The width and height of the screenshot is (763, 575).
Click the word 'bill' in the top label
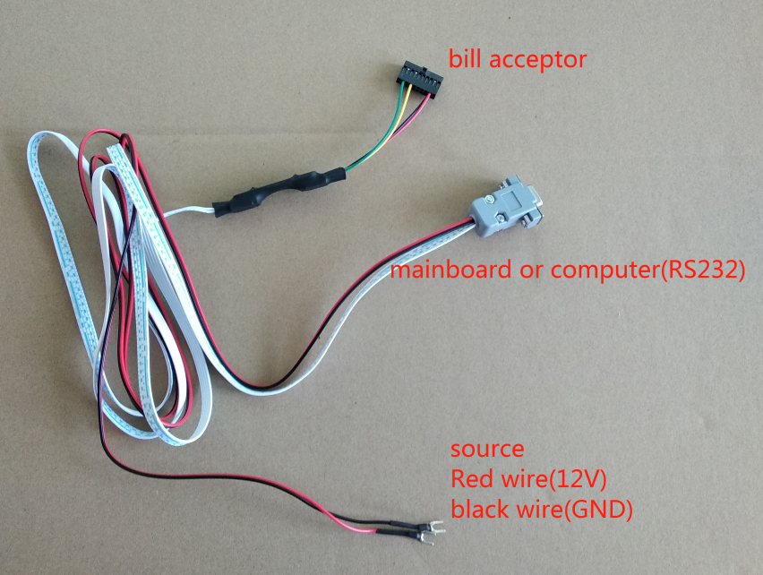pyautogui.click(x=465, y=60)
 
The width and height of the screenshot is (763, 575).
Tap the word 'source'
pyautogui.click(x=487, y=448)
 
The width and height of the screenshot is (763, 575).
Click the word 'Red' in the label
pyautogui.click(x=472, y=478)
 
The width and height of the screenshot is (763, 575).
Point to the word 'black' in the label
pyautogui.click(x=481, y=510)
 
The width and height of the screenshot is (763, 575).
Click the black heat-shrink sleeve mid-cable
pyautogui.click(x=279, y=191)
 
